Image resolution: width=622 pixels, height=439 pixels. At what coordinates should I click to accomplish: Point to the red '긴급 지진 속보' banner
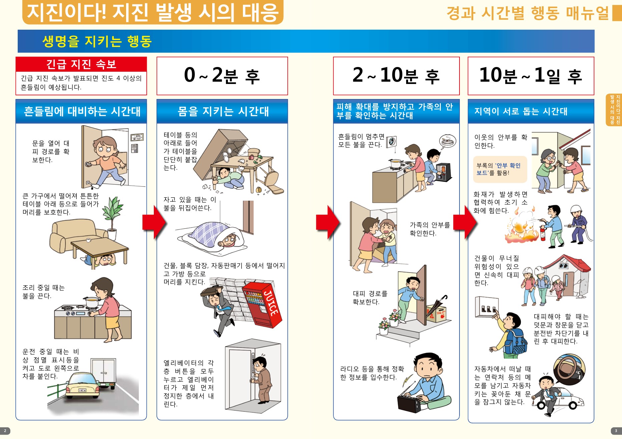(81, 64)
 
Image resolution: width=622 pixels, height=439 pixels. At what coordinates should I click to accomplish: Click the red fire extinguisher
(543, 233)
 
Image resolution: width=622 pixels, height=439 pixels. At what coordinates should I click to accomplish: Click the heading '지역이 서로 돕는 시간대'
(521, 111)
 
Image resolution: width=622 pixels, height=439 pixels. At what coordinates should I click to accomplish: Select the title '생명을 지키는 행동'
(97, 41)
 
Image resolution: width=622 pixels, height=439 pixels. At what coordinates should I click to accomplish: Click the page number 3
(616, 431)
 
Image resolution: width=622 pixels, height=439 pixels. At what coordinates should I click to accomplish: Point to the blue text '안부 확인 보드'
(498, 169)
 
